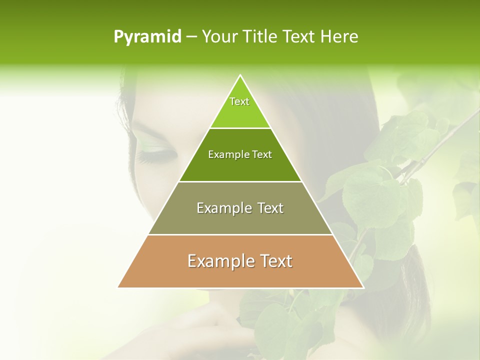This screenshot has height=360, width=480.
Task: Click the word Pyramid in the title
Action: pos(147,37)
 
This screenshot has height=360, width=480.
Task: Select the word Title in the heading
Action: pos(260,36)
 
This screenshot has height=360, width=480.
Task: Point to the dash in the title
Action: pos(191,37)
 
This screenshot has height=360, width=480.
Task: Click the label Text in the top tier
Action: pos(239,101)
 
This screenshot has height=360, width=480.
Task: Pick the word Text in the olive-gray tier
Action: pos(268,208)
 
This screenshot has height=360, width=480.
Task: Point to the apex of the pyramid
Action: pos(240,75)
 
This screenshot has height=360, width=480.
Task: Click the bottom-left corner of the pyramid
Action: pos(118,287)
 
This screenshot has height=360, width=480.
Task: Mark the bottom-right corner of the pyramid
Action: pos(363,287)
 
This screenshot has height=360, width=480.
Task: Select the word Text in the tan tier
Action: pos(275,261)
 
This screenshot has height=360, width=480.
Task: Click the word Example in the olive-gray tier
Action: pos(223,208)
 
